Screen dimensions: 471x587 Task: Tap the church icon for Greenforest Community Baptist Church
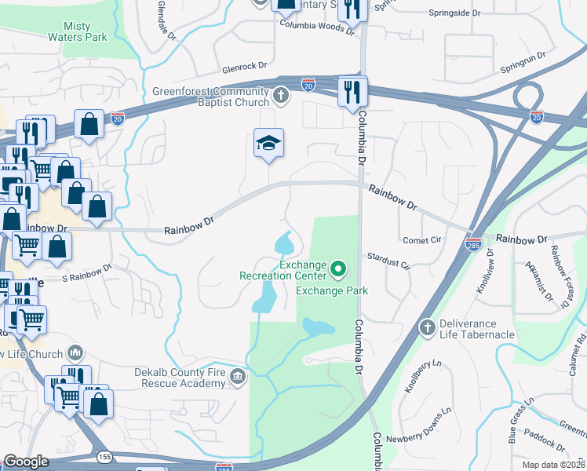pyautogui.click(x=282, y=96)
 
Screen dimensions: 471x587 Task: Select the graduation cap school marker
pyautogui.click(x=268, y=144)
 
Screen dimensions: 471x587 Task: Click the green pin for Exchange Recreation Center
pyautogui.click(x=338, y=271)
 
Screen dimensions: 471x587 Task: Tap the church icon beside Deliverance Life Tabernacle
pyautogui.click(x=427, y=326)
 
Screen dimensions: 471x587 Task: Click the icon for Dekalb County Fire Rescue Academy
pyautogui.click(x=236, y=379)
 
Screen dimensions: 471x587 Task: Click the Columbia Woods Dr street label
pyautogui.click(x=312, y=24)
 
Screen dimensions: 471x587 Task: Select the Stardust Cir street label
pyautogui.click(x=389, y=261)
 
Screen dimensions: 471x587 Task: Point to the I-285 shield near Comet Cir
pyautogui.click(x=473, y=244)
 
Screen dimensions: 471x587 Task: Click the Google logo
pyautogui.click(x=27, y=462)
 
